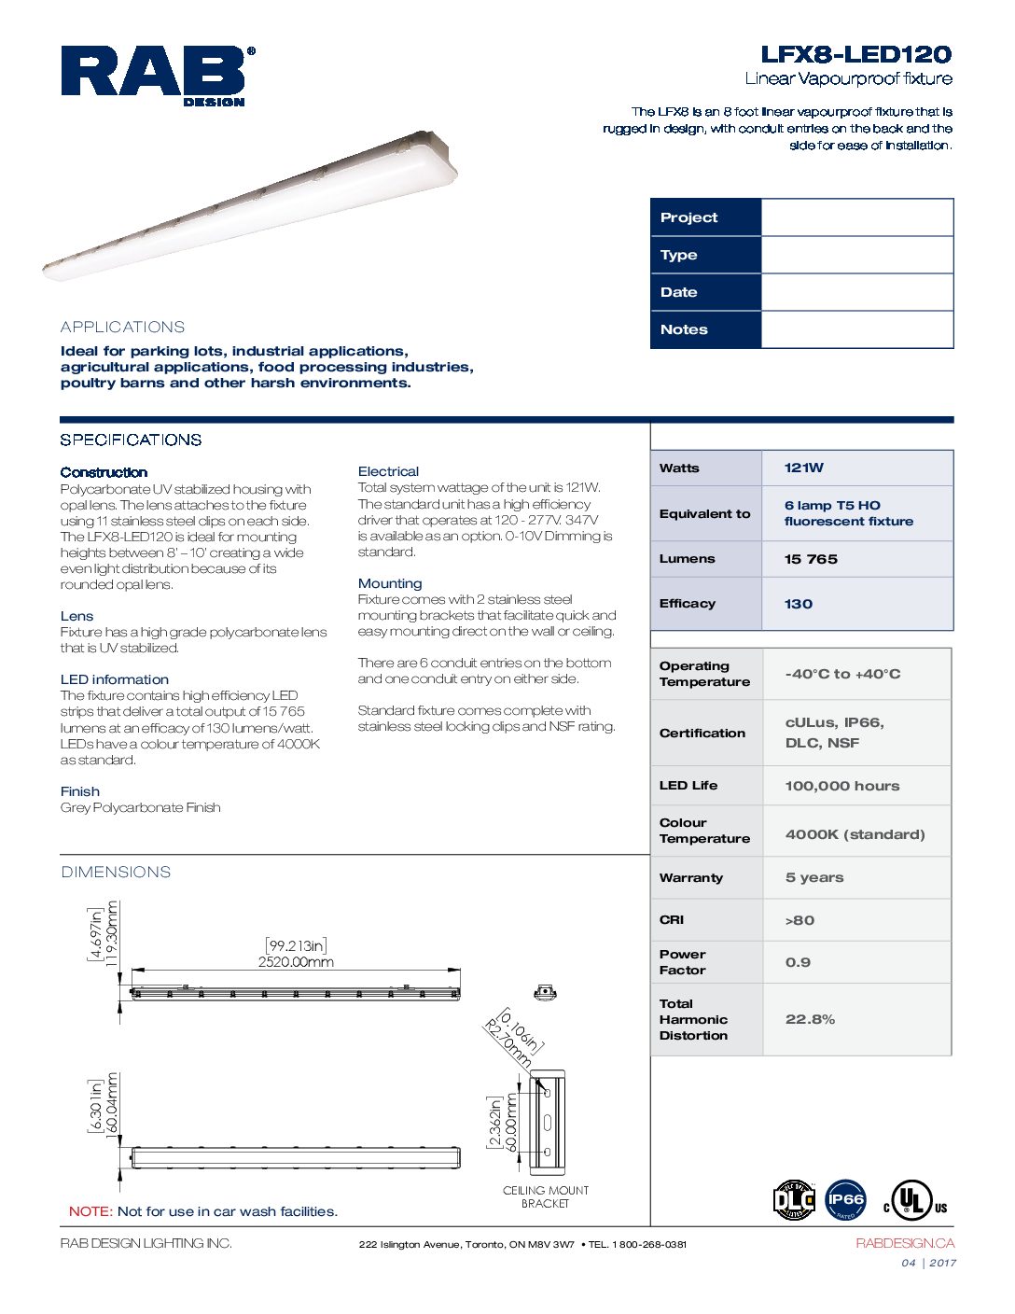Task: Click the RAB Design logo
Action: point(155,75)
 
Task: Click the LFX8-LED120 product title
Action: point(855,54)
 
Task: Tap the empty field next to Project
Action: point(856,217)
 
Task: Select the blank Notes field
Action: point(856,329)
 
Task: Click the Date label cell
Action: point(705,292)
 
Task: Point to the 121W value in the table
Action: point(804,468)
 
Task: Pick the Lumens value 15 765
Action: point(811,559)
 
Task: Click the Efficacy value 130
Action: point(799,604)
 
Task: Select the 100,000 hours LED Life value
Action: point(842,786)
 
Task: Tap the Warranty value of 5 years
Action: point(814,877)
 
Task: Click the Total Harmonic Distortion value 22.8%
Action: point(810,1019)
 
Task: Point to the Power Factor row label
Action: point(683,962)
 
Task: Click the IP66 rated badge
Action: point(845,1200)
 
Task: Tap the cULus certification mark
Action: point(914,1201)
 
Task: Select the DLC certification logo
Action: point(794,1200)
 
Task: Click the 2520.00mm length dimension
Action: point(296,962)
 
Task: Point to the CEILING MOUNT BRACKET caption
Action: point(546,1196)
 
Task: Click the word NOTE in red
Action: point(90,1211)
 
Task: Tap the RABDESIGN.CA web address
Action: point(905,1243)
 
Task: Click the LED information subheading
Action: point(115,679)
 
